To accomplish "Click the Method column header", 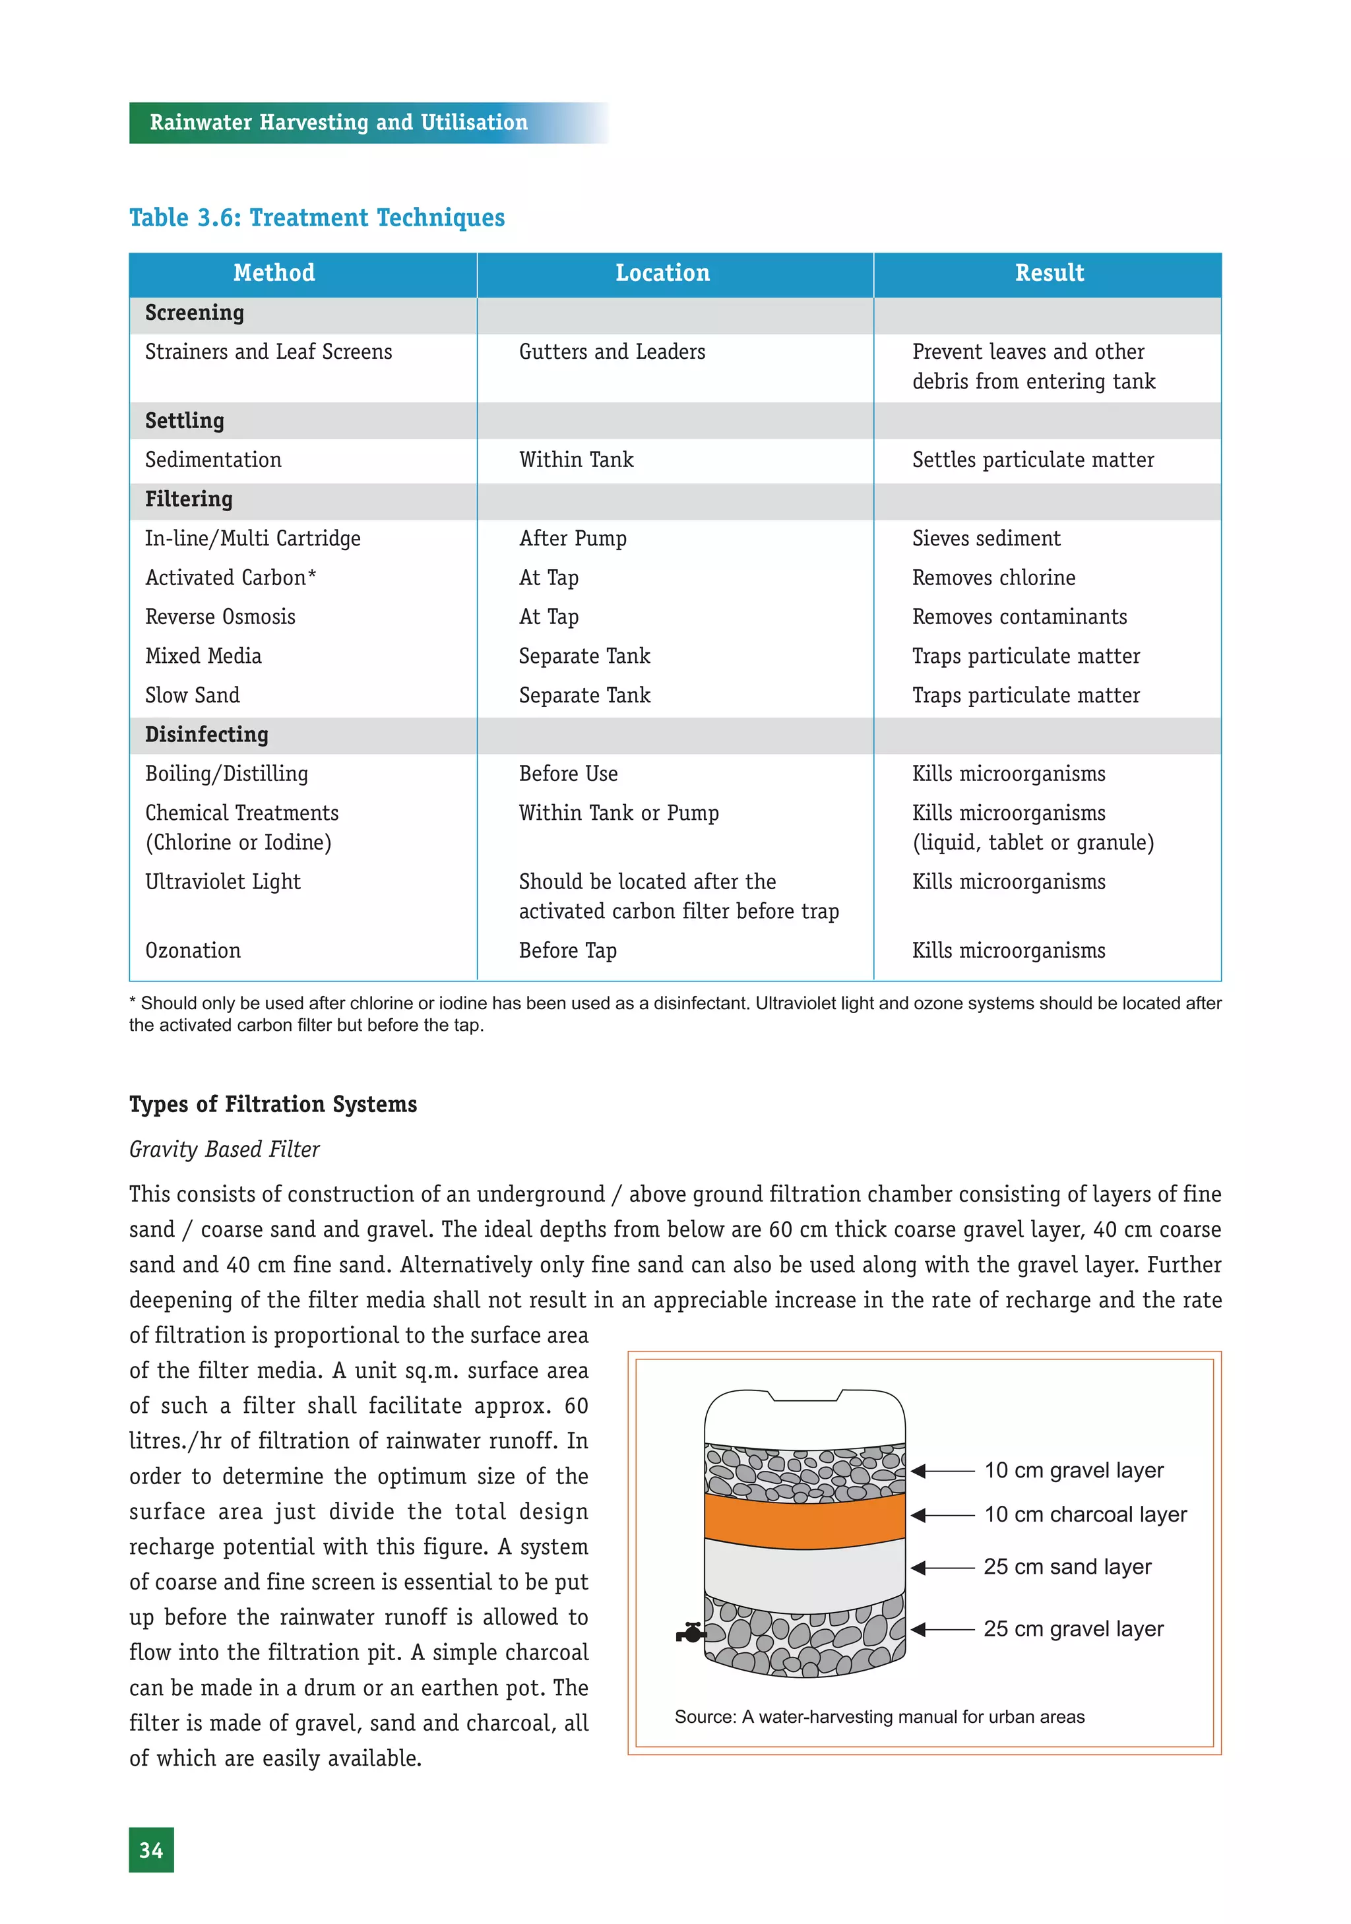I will click(x=274, y=273).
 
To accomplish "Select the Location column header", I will click(x=662, y=273).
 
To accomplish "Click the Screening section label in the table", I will click(x=195, y=313).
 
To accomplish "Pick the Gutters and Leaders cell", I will click(x=612, y=352).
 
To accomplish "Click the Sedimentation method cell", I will click(x=213, y=460).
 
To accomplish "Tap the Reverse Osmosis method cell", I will click(x=220, y=617).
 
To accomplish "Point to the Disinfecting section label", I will click(x=206, y=735).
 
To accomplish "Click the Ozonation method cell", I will click(x=193, y=951).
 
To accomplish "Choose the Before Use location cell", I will click(x=568, y=774).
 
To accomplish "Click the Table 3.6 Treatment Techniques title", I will click(x=317, y=218).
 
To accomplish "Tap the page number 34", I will click(x=151, y=1850).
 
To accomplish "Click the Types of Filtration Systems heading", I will click(x=272, y=1104).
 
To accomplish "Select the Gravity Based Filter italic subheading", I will click(x=224, y=1150).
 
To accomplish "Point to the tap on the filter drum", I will click(x=691, y=1633).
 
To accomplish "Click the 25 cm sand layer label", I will click(x=1067, y=1567).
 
